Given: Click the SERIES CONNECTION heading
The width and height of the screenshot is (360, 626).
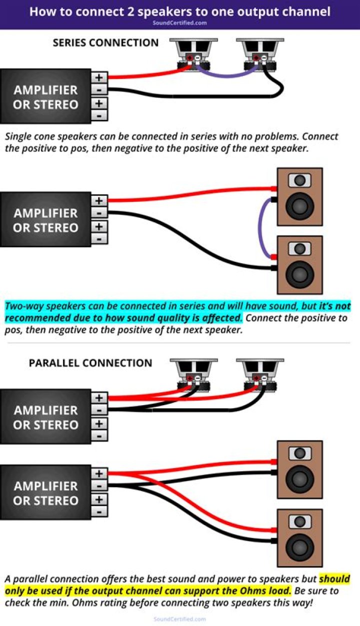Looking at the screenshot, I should [x=105, y=43].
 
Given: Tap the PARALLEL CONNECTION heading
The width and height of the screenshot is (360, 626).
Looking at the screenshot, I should [x=90, y=363].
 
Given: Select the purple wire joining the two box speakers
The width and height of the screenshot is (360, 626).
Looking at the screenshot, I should [x=260, y=227].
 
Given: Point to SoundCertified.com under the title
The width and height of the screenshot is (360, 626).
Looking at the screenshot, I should [x=179, y=22].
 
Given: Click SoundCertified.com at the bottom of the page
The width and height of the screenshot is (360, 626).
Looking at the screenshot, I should [x=179, y=619].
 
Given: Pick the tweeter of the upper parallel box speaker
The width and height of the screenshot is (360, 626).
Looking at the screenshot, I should [x=300, y=454].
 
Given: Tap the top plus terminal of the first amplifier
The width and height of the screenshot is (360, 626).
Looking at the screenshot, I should [x=99, y=77].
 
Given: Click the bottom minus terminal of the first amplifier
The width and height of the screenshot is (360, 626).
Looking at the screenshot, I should [x=99, y=115].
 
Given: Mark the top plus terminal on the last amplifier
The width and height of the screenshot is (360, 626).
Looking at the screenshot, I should [x=99, y=473].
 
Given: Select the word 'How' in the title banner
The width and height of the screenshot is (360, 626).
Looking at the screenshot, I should [x=42, y=11].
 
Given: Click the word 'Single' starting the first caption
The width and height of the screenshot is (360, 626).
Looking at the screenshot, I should [x=20, y=136].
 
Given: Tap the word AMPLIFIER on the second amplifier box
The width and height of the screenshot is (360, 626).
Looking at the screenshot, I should [x=45, y=213].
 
